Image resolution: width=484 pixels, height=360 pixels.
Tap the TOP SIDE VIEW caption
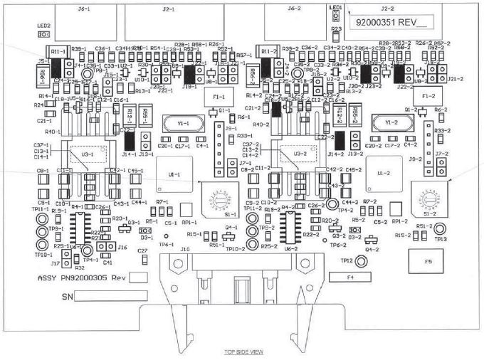(x=244, y=351)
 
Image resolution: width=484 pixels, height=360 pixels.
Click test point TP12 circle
(x=361, y=263)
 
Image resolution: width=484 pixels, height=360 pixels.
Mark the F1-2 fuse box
(x=428, y=95)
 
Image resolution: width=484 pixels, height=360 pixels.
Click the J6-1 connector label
(x=84, y=10)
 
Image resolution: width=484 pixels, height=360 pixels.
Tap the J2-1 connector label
(x=169, y=10)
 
